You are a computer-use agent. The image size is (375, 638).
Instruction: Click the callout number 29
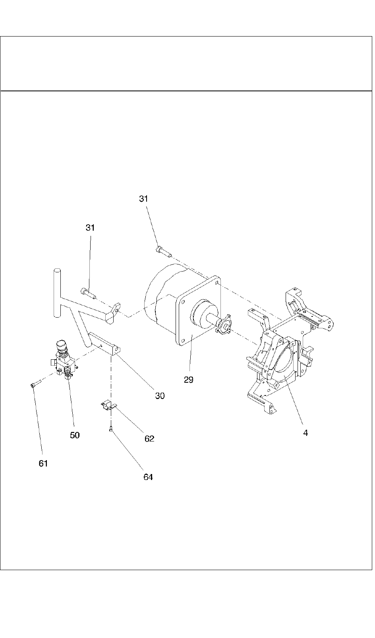click(188, 380)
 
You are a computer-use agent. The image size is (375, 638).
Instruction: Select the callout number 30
click(160, 396)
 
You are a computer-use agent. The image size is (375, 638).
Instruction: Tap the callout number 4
click(305, 433)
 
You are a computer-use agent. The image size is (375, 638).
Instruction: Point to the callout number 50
click(75, 435)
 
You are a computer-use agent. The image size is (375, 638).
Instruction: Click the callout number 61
click(43, 463)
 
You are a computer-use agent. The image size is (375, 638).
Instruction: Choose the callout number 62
click(149, 439)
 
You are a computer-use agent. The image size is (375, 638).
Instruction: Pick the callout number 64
click(148, 477)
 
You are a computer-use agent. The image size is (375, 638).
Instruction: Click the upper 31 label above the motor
click(144, 199)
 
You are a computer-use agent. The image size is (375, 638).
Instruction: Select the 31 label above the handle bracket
click(91, 227)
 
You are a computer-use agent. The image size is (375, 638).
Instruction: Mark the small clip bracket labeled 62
click(107, 405)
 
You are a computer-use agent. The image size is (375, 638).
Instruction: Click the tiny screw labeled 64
click(110, 428)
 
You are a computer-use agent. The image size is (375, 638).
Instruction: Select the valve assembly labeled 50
click(64, 359)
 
